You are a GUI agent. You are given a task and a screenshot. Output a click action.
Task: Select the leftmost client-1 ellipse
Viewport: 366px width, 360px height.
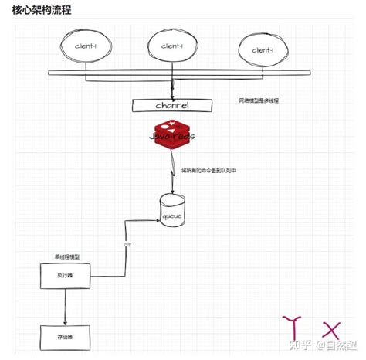coord(85,48)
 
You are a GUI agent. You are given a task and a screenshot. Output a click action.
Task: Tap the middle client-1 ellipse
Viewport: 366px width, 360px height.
coord(171,48)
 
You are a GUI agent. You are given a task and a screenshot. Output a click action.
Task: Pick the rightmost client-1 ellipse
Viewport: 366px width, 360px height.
coord(263,51)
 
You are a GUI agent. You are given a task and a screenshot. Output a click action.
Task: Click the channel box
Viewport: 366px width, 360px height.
coord(172,105)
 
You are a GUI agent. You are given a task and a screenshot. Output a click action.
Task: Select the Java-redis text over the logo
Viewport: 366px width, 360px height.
coord(172,136)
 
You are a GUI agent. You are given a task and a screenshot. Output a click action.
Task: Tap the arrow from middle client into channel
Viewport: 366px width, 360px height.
coord(172,85)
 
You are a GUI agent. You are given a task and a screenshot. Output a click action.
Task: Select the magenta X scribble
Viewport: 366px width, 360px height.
coord(330,328)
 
